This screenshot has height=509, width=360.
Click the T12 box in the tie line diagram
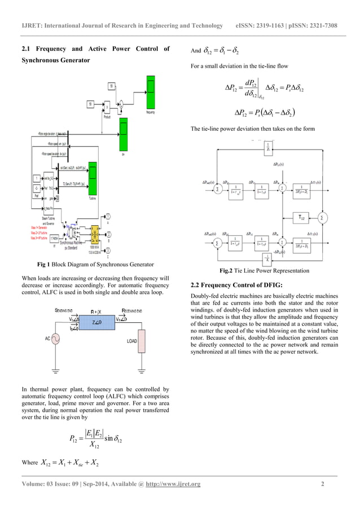click(302, 217)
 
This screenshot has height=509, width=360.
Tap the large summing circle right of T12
click(322, 217)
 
